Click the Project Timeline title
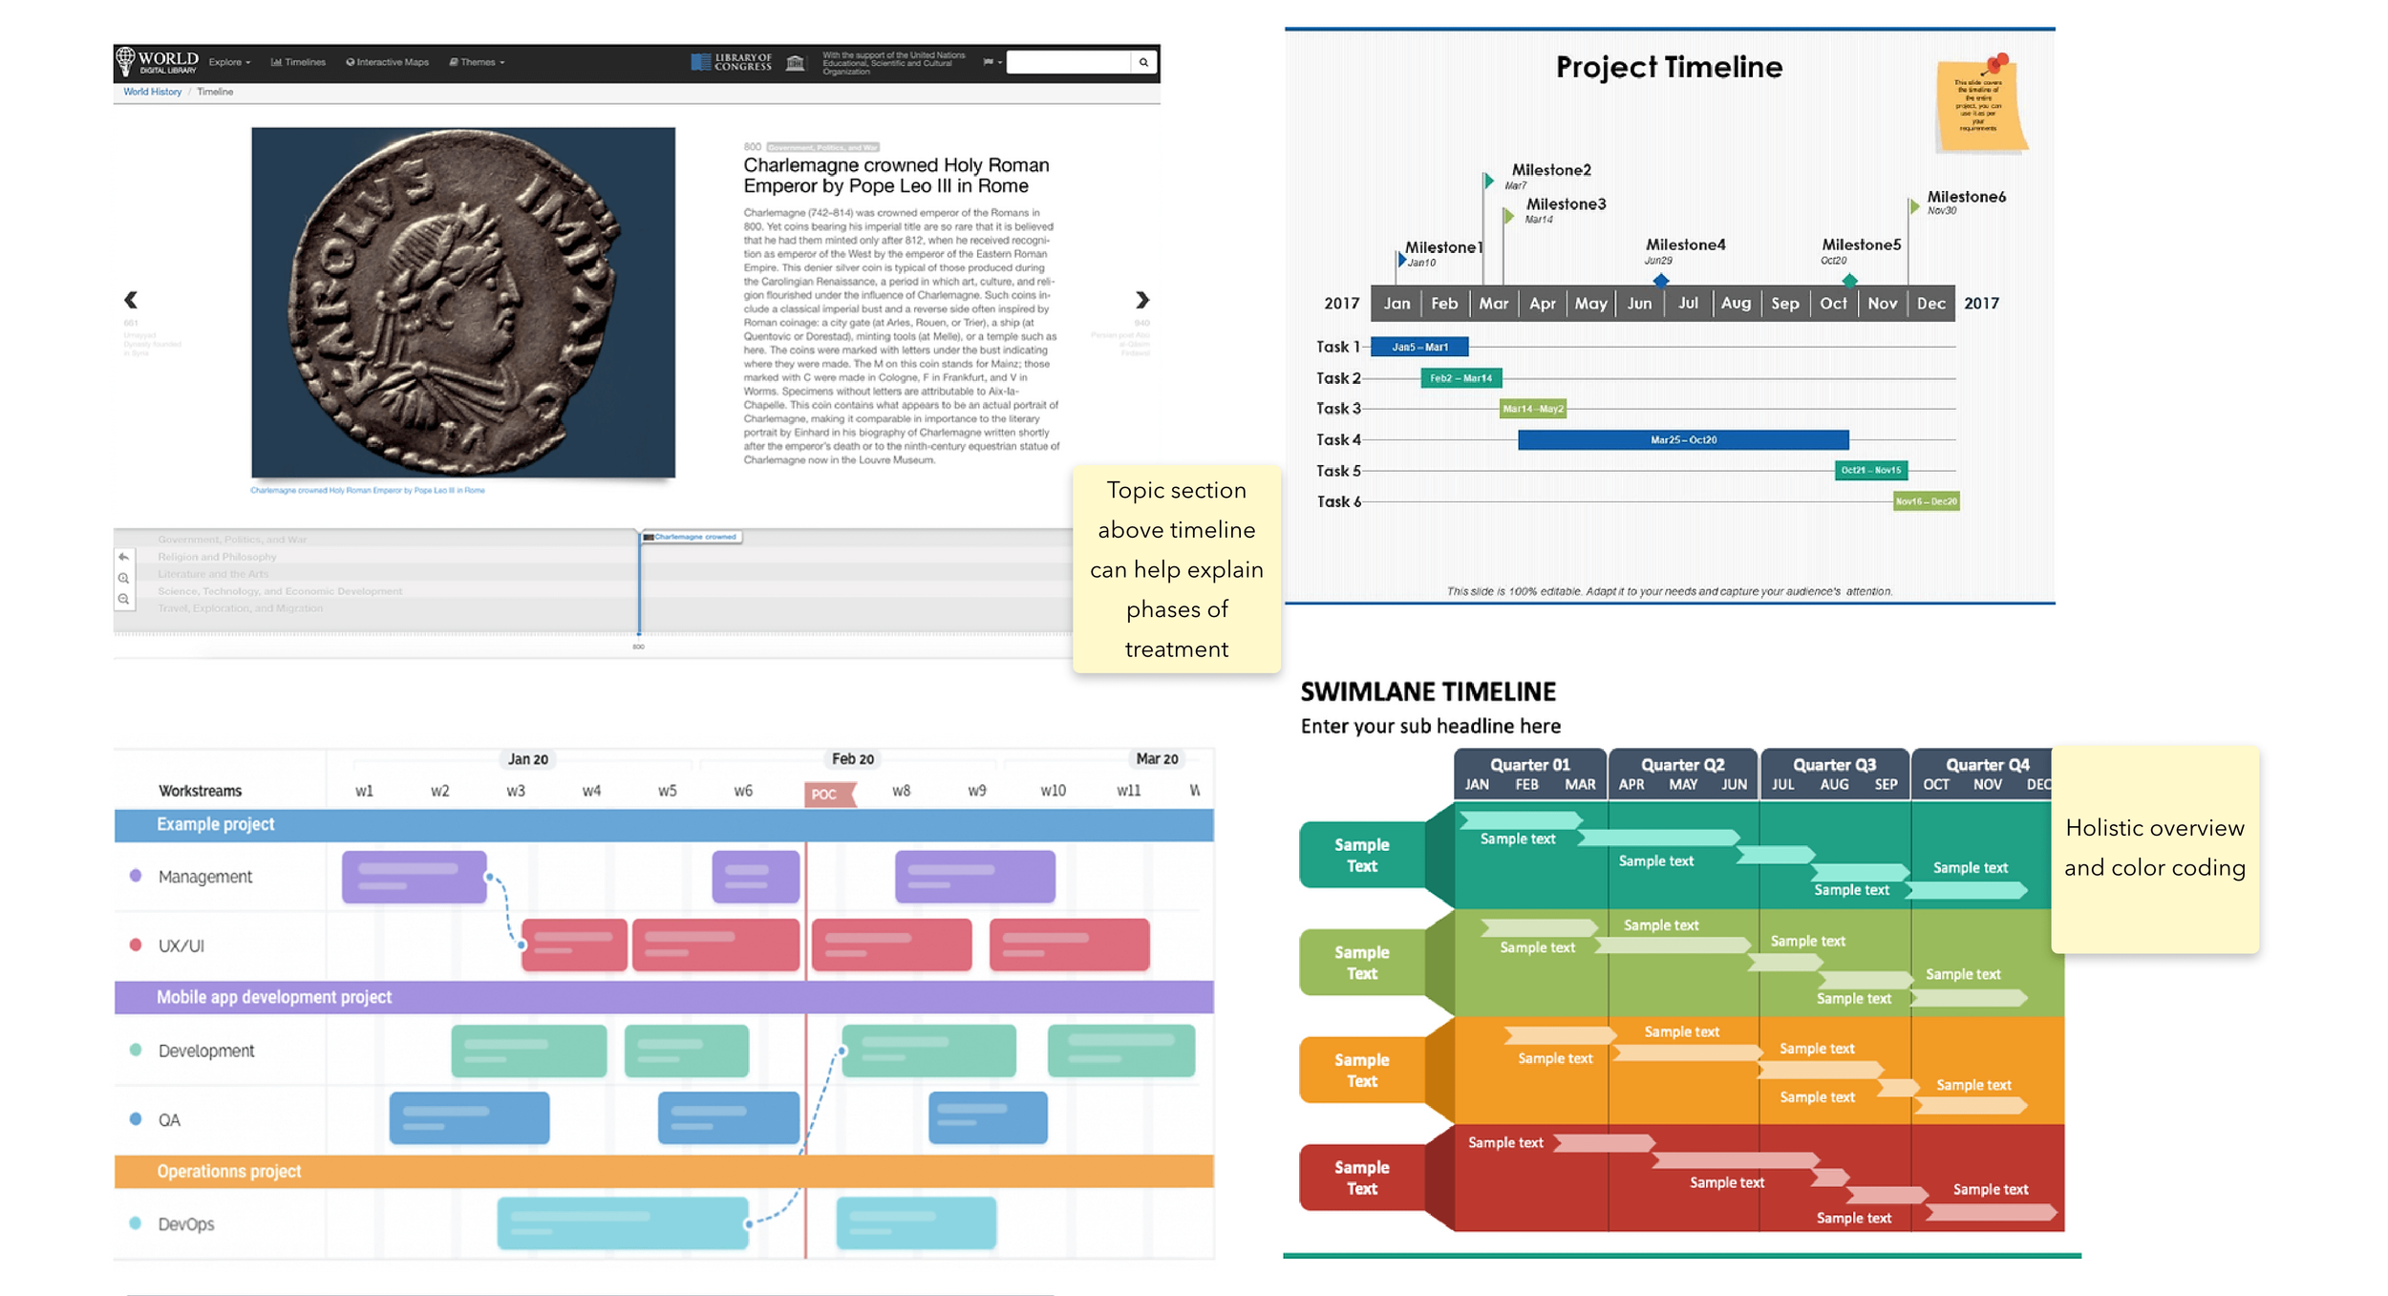coord(1668,67)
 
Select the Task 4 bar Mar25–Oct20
coord(1682,439)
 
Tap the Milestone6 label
coord(1966,197)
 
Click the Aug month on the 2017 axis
coord(1736,303)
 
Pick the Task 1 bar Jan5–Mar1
coord(1418,347)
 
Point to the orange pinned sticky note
coord(1979,105)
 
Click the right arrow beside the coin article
coord(1141,300)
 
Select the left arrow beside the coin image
coord(131,300)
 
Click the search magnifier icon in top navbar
coord(1143,62)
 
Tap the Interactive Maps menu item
coord(388,62)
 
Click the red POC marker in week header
coord(824,794)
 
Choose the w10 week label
coord(1053,791)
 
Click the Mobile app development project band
coord(663,997)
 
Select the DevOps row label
coord(186,1224)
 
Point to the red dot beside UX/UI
coord(136,945)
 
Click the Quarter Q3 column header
coord(1834,765)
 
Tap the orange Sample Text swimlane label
coord(1361,1071)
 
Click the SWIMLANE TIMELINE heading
coord(1428,691)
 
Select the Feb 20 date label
coord(852,759)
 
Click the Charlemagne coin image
coord(463,302)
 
